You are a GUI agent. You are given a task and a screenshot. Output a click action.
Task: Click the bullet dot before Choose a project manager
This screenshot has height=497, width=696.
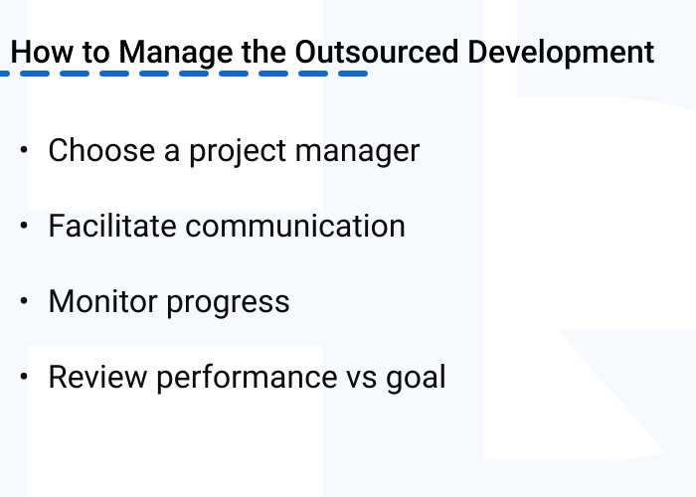(x=24, y=150)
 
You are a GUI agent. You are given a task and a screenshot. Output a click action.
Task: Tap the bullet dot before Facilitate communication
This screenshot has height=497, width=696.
(x=24, y=226)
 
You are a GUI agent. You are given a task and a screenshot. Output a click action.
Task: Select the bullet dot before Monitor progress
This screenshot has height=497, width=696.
(x=24, y=301)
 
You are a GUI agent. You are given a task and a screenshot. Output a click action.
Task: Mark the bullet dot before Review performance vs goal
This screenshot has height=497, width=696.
(x=24, y=377)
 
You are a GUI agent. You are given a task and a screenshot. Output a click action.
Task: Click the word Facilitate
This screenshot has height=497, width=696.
(x=111, y=227)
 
